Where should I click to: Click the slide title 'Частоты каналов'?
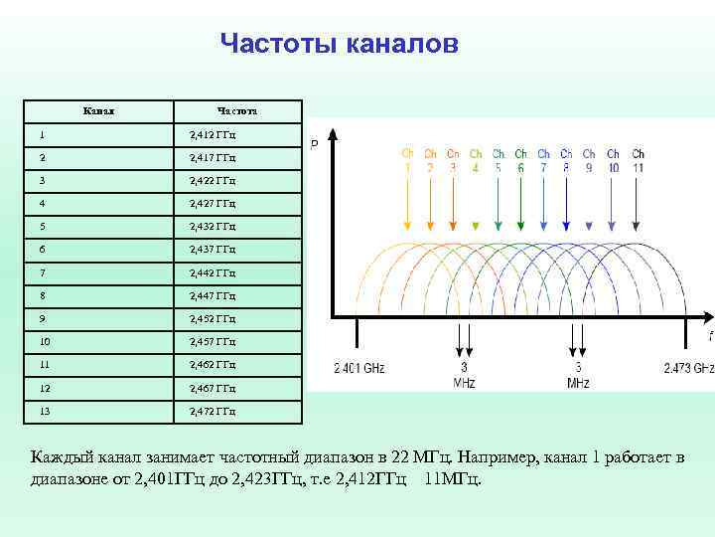pos(339,44)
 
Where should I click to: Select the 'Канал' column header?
pos(98,110)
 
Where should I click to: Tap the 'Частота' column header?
pos(237,111)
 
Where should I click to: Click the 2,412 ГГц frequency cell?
pos(213,134)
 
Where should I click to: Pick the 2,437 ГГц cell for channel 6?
pos(213,250)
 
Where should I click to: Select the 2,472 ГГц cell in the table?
pos(213,411)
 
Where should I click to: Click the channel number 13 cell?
pos(45,411)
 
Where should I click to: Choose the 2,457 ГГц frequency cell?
pos(213,342)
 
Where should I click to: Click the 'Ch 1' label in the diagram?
pos(407,160)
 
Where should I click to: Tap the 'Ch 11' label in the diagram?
pos(638,160)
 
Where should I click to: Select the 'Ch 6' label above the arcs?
pos(521,160)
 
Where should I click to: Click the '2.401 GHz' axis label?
pos(359,369)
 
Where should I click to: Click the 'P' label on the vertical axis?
pos(315,145)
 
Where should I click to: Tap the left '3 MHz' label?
pos(464,375)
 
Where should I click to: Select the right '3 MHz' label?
pos(578,375)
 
